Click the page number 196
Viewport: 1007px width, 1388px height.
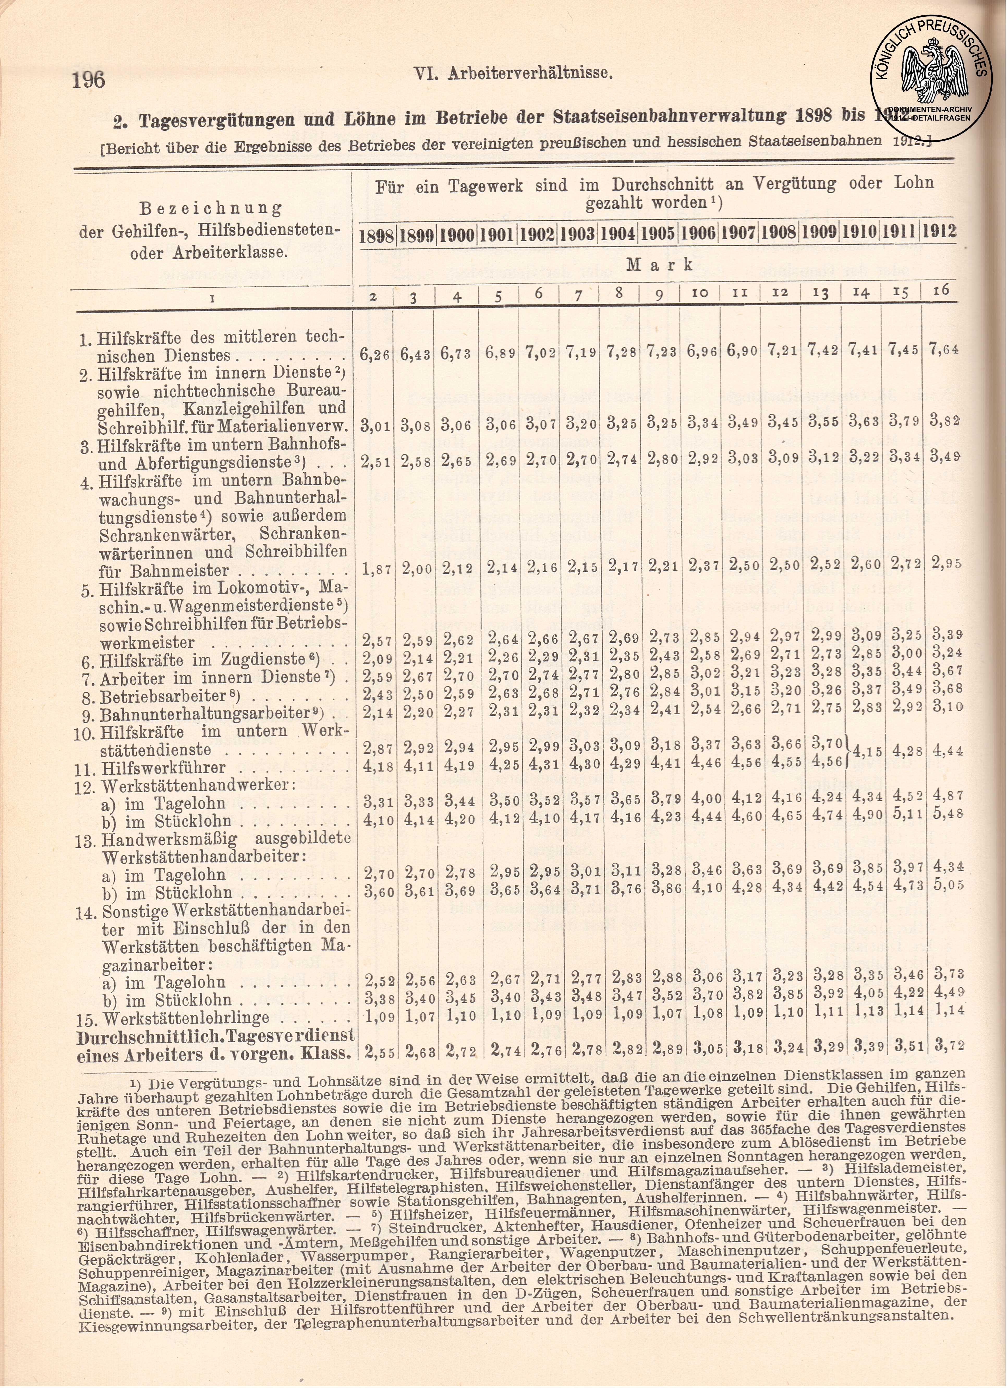[89, 80]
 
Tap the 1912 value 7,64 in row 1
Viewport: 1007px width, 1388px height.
[943, 349]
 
